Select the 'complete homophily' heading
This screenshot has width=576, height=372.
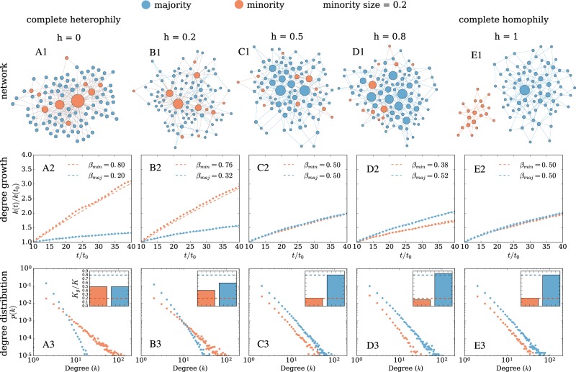click(514, 20)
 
